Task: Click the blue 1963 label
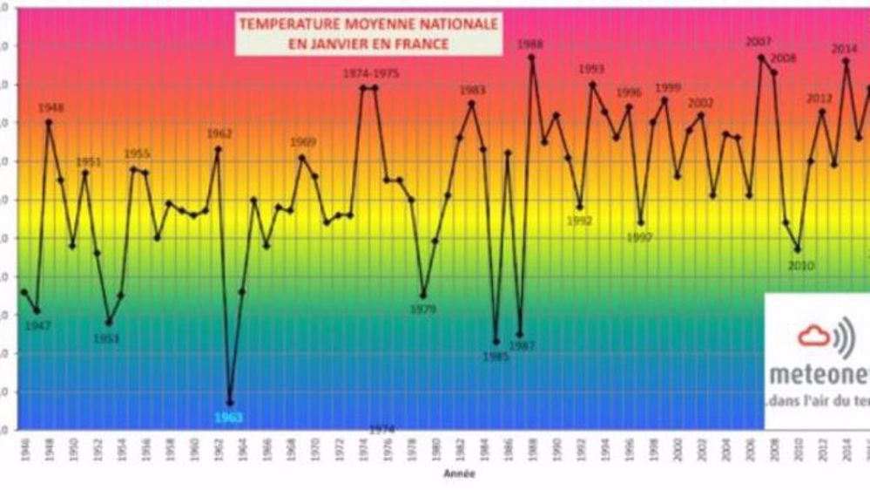pos(229,418)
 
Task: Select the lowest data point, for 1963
pos(230,403)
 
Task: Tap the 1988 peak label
pos(530,44)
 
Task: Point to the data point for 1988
pos(531,58)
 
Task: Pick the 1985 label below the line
pos(496,356)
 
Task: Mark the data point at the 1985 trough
pos(496,341)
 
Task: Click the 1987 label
pos(522,346)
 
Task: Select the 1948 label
pos(51,109)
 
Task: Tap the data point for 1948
pos(49,122)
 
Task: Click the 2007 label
pos(759,43)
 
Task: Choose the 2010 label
pos(799,265)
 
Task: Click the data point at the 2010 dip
pos(798,250)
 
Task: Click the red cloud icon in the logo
pos(813,335)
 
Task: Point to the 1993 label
pos(591,70)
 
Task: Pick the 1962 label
pos(219,134)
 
